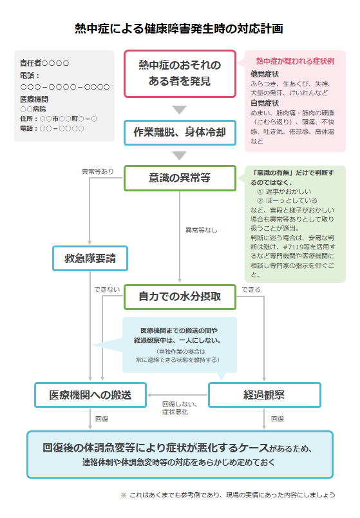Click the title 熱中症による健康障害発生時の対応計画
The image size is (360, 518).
pos(178,29)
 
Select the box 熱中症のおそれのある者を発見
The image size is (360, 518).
pos(180,73)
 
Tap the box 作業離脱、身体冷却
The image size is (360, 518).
pos(180,133)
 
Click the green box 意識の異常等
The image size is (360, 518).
pos(180,178)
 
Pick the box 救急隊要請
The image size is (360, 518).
pos(90,258)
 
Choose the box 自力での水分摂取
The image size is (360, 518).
pos(180,296)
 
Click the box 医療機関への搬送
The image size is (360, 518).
pos(91,395)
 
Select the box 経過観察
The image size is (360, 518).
pos(264,395)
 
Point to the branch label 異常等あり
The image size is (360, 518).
pos(98,171)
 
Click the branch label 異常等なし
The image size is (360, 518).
pos(202,230)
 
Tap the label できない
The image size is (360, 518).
pos(107,289)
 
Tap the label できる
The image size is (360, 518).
pos(251,289)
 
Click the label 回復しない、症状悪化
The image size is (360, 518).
pos(180,408)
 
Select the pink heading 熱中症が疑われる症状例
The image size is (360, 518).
pos(295,61)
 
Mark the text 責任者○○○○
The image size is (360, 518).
pos(44,63)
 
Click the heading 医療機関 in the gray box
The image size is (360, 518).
pos(34,99)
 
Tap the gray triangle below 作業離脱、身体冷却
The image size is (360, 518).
pos(180,155)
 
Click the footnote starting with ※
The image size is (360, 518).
pos(228,495)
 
